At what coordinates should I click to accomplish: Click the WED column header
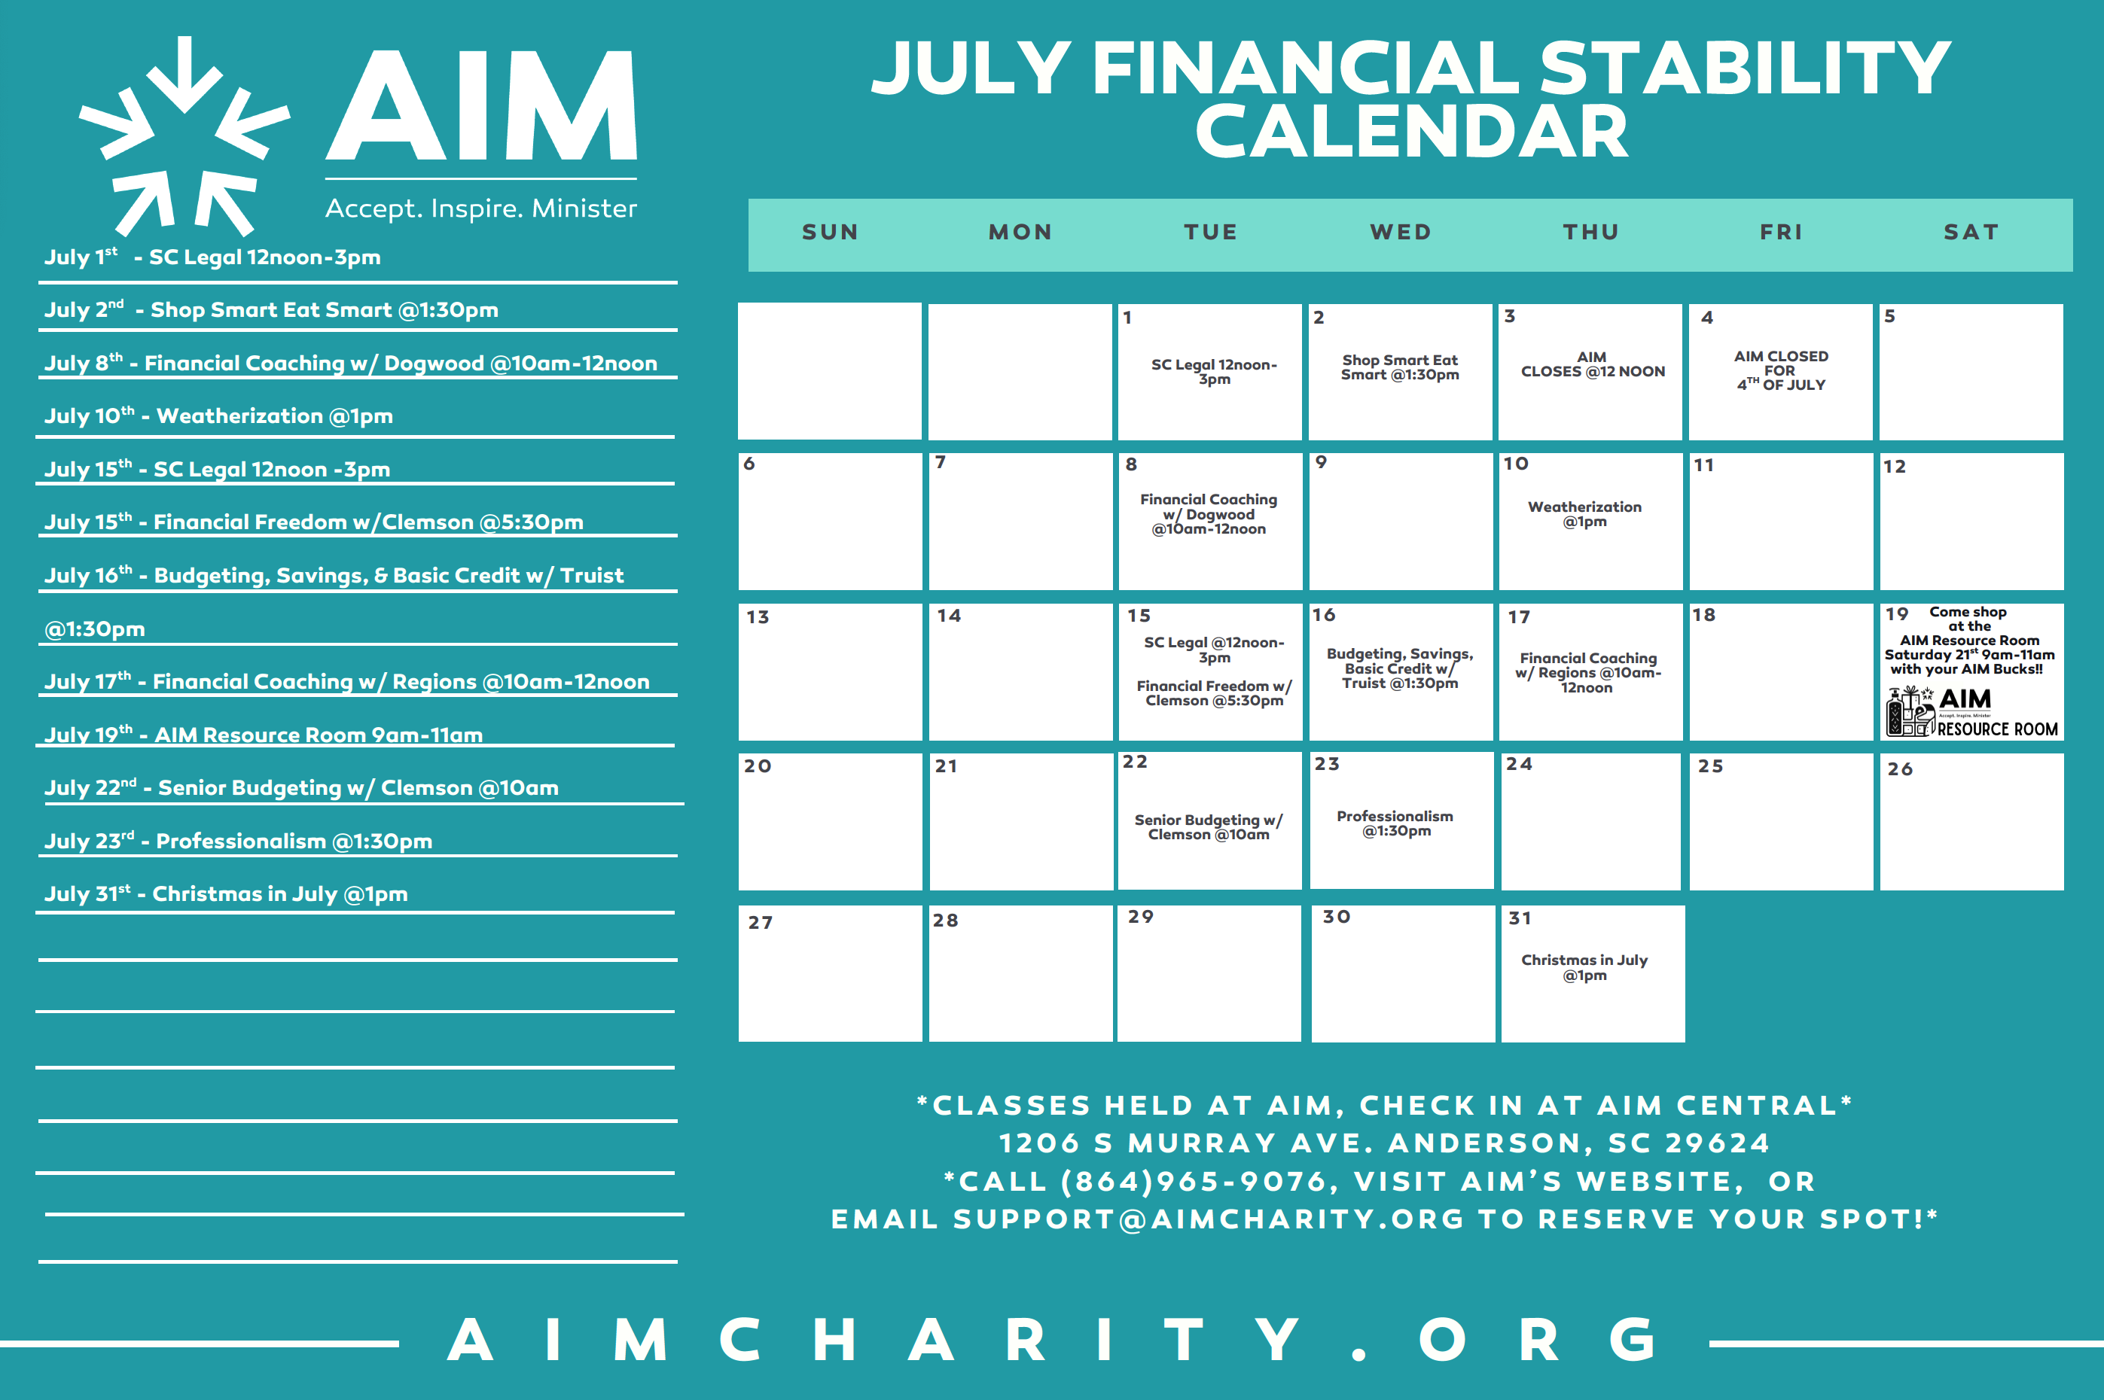click(x=1401, y=232)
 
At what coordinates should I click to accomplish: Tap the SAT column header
click(x=1971, y=232)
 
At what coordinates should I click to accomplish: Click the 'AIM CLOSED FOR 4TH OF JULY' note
click(x=1781, y=370)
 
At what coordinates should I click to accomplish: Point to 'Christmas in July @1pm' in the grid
click(x=1584, y=968)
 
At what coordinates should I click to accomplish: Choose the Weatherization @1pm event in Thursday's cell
click(x=1584, y=514)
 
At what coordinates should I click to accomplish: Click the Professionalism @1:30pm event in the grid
click(x=1395, y=823)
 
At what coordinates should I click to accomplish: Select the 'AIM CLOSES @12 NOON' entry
click(x=1592, y=364)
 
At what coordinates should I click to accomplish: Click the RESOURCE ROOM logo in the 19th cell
click(x=1971, y=711)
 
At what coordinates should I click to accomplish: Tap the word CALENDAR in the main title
click(x=1411, y=131)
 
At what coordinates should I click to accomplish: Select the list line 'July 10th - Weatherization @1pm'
click(x=219, y=416)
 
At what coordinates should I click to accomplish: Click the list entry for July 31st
click(x=226, y=893)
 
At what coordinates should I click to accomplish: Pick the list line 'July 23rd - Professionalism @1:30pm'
click(x=239, y=841)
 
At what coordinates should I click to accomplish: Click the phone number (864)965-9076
click(x=1194, y=1181)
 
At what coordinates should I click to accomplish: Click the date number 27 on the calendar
click(x=760, y=922)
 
